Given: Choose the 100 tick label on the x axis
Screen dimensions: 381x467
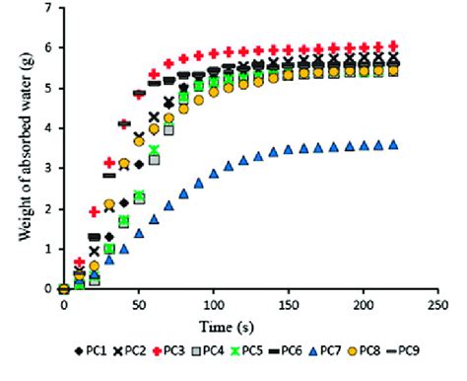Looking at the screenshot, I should pyautogui.click(x=215, y=305).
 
